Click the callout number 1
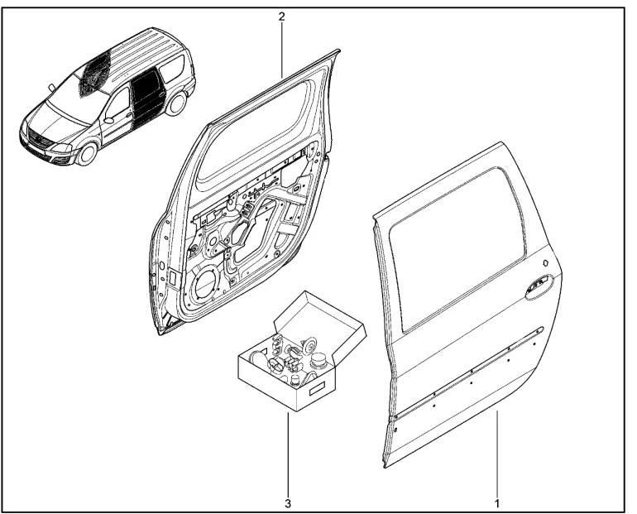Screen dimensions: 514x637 [x=496, y=502]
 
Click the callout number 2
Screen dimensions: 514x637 [x=281, y=17]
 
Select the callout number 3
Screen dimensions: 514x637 [x=287, y=502]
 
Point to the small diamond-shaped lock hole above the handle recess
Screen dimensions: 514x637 [x=546, y=262]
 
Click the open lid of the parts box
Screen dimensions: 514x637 [x=318, y=315]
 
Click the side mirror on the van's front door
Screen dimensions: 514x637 [x=108, y=120]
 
